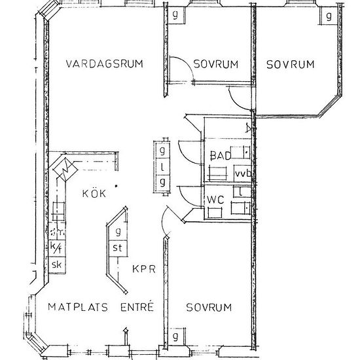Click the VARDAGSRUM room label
coord(105,63)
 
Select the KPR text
coord(143,269)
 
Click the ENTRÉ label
coord(137,306)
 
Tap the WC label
coord(217,199)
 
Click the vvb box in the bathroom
coord(243,173)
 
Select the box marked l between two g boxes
coord(162,166)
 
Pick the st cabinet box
coord(118,247)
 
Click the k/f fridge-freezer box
coord(56,248)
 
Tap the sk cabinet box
coord(56,264)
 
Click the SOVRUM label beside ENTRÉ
coord(208,307)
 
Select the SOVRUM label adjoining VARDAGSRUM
coord(215,64)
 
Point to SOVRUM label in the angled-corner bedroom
coord(290,64)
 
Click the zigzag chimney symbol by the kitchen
coord(65,170)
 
